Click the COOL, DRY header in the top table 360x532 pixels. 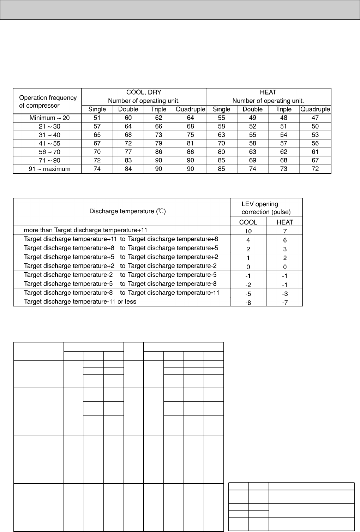pyautogui.click(x=144, y=92)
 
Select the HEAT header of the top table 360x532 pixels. pyautogui.click(x=268, y=92)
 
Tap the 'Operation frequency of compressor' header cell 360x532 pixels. pyautogui.click(x=48, y=101)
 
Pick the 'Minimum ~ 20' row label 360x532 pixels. pyautogui.click(x=50, y=118)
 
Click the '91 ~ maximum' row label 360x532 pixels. pyautogui.click(x=49, y=169)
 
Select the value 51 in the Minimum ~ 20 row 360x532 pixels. pyautogui.click(x=97, y=118)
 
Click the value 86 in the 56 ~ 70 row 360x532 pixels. pyautogui.click(x=159, y=152)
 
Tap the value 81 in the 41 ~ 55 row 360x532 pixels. pyautogui.click(x=191, y=143)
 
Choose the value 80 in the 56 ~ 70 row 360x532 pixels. pyautogui.click(x=222, y=152)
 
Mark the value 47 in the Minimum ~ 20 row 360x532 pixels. pyautogui.click(x=315, y=118)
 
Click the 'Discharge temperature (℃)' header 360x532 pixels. pyautogui.click(x=127, y=211)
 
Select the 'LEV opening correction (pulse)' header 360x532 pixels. pyautogui.click(x=260, y=208)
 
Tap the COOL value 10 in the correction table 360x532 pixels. pyautogui.click(x=248, y=231)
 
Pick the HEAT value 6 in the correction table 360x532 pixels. pyautogui.click(x=285, y=240)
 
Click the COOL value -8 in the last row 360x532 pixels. pyautogui.click(x=248, y=303)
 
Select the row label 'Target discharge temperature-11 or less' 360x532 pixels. pyautogui.click(x=80, y=301)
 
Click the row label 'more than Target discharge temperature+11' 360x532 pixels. pyautogui.click(x=88, y=230)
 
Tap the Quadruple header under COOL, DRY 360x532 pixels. pyautogui.click(x=191, y=109)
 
